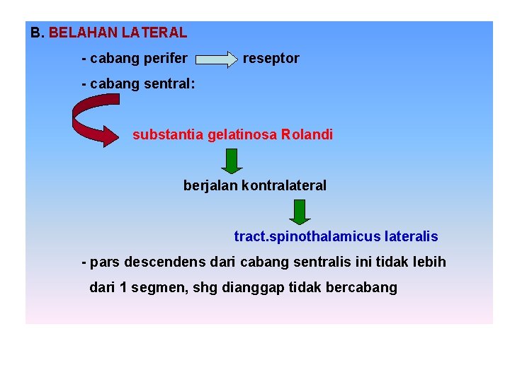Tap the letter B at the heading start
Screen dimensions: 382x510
point(35,33)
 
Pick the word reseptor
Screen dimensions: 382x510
point(271,59)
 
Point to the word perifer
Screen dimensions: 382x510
point(165,59)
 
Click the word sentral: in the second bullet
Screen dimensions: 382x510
point(170,84)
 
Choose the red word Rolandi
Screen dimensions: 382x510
point(307,134)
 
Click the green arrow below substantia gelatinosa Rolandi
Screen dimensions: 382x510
point(230,161)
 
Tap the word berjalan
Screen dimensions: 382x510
point(210,186)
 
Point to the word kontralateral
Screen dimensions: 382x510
point(284,186)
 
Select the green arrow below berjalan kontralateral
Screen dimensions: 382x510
point(300,212)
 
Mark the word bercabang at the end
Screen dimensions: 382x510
point(362,288)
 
